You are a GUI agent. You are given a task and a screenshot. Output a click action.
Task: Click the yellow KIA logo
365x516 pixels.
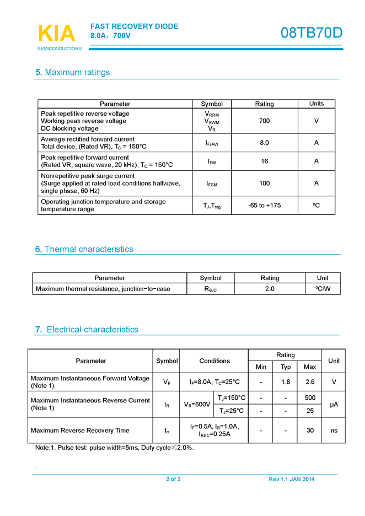point(56,33)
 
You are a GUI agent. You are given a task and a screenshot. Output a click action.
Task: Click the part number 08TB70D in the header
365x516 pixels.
point(311,33)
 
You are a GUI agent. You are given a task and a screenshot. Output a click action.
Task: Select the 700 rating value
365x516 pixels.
point(264,121)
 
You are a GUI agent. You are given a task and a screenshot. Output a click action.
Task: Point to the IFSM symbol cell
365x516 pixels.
point(212,184)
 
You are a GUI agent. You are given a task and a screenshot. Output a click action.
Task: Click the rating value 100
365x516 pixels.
point(264,184)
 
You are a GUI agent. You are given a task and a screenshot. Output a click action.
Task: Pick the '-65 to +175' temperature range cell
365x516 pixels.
point(264,206)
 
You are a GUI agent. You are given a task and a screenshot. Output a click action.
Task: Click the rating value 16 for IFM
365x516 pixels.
point(264,162)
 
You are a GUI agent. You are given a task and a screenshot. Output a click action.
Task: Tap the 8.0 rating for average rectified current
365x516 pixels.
point(264,143)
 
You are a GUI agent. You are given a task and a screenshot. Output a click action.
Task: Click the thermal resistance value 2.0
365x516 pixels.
point(270,289)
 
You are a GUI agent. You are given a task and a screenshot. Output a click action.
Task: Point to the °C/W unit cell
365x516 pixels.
point(323,289)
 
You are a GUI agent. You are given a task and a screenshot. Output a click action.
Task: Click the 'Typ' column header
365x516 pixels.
point(286,367)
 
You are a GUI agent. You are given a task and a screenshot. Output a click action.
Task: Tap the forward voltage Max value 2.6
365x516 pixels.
point(310,381)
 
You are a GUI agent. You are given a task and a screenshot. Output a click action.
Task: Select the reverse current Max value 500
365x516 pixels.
point(310,398)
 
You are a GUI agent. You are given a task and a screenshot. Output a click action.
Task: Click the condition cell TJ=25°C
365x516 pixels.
point(231,411)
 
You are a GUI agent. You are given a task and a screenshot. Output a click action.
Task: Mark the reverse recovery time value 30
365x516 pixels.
point(310,431)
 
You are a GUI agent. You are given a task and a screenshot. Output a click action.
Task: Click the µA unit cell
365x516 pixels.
point(334,405)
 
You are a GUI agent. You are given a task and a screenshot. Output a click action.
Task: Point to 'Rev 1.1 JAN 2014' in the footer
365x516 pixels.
point(292,479)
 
